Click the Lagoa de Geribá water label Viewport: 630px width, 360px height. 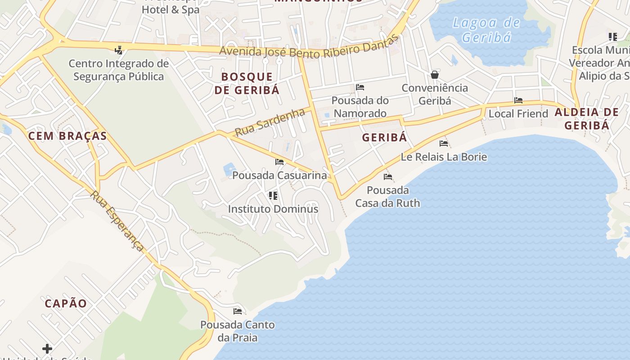(x=486, y=30)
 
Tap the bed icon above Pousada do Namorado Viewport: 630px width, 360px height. (x=360, y=87)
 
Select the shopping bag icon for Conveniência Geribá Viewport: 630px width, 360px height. (x=435, y=74)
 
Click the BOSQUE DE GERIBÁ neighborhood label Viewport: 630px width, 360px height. (x=247, y=83)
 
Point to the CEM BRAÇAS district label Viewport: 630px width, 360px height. (x=67, y=136)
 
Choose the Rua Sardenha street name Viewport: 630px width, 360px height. (x=270, y=122)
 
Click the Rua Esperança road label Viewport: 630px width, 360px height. (x=117, y=221)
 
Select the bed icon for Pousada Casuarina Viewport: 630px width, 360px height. (x=279, y=162)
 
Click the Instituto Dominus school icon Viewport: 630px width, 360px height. (x=273, y=195)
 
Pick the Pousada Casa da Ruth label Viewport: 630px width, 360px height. (x=387, y=197)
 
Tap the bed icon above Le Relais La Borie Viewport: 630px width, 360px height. (x=444, y=144)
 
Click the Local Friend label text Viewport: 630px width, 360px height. (x=518, y=114)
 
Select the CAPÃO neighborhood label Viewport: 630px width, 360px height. (x=66, y=303)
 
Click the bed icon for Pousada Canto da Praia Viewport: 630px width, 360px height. (x=238, y=311)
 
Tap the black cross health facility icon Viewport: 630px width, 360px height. (x=47, y=348)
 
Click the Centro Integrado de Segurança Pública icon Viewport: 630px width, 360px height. (x=119, y=50)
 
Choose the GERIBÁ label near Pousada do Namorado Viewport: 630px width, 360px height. (x=384, y=137)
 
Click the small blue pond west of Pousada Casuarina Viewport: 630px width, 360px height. (x=229, y=169)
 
